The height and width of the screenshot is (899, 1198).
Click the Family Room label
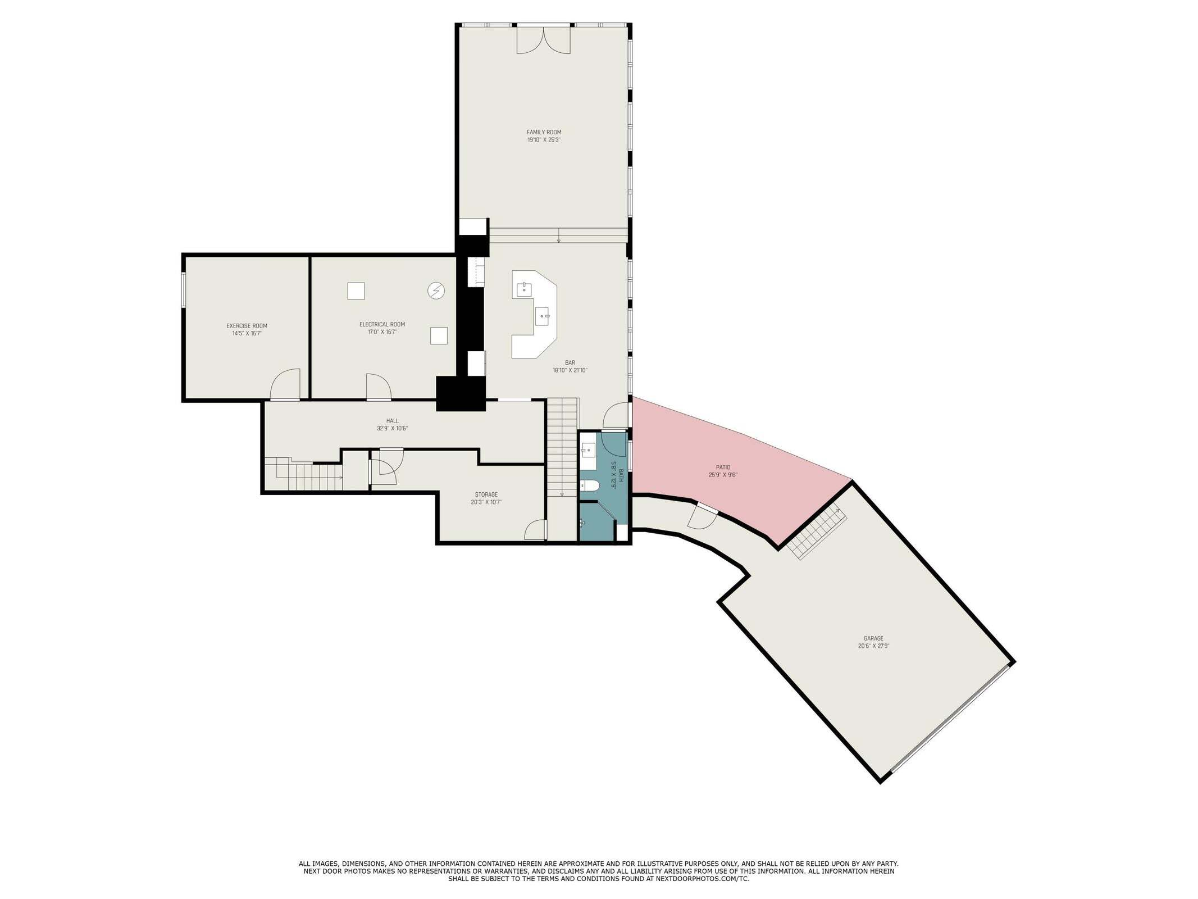pyautogui.click(x=544, y=132)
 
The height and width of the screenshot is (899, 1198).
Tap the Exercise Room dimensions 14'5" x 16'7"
pyautogui.click(x=247, y=333)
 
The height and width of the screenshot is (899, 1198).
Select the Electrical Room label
pyautogui.click(x=382, y=324)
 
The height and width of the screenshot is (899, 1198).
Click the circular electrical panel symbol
pyautogui.click(x=436, y=290)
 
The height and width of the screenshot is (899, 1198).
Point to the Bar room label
pyautogui.click(x=570, y=363)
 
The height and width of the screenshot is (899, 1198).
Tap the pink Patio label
pyautogui.click(x=723, y=467)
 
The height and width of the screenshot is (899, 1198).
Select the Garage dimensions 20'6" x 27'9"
pyautogui.click(x=873, y=646)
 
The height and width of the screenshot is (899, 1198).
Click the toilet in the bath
pyautogui.click(x=588, y=485)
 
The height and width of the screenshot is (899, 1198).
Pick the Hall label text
pyautogui.click(x=392, y=421)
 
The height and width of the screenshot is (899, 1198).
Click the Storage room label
pyautogui.click(x=486, y=494)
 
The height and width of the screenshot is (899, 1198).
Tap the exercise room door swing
pyautogui.click(x=285, y=384)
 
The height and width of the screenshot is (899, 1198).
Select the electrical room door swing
pyautogui.click(x=379, y=387)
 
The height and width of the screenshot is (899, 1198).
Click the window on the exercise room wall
pyautogui.click(x=183, y=290)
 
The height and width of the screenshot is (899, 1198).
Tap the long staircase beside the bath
pyautogui.click(x=562, y=447)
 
